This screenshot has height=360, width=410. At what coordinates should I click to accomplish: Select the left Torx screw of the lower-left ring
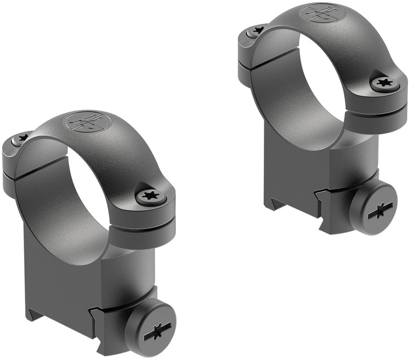coord(21,139)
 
